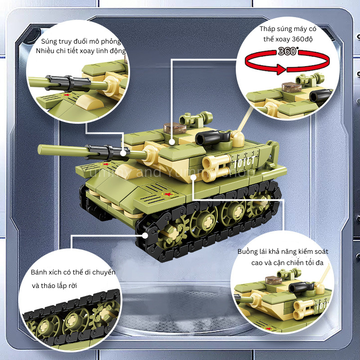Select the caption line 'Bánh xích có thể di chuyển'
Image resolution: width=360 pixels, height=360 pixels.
click(73, 273)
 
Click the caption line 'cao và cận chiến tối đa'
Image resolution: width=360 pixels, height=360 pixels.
click(288, 262)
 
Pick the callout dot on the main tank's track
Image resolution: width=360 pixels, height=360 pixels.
click(145, 235)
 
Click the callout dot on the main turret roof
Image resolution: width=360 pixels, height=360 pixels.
click(173, 141)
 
